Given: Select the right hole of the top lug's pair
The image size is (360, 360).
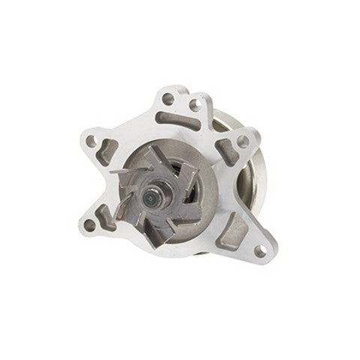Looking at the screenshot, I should tap(194, 104).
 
